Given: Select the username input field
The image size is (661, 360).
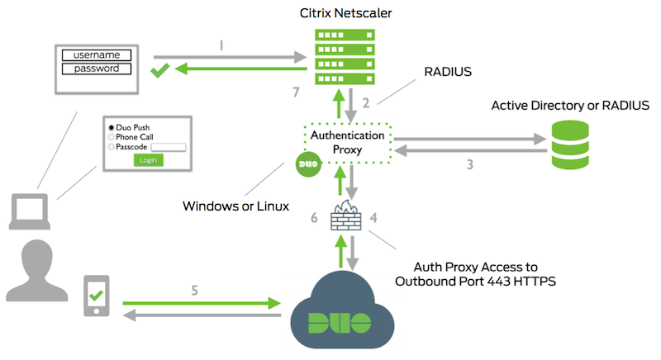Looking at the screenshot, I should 97,54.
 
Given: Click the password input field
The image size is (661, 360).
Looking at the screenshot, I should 97,68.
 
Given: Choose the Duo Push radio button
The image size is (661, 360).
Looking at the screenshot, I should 111,128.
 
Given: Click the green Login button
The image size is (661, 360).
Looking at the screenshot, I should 148,159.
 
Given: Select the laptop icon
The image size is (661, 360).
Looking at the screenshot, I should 30,212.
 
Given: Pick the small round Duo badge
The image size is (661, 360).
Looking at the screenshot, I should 307,165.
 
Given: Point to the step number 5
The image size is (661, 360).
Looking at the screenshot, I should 195,290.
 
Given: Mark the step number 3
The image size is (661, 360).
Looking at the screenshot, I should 469,163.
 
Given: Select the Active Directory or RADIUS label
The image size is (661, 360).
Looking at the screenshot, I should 570,106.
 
